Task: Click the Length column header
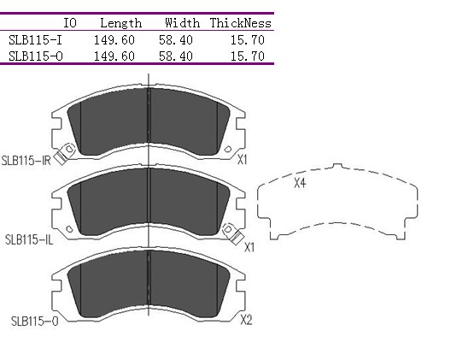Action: (x=121, y=23)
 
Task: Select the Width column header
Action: (x=182, y=23)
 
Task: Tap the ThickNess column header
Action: (x=241, y=23)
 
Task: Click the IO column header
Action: (x=70, y=23)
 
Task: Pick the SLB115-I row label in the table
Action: (x=35, y=40)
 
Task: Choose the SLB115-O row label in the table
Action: (x=36, y=56)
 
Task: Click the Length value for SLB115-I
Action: (x=114, y=40)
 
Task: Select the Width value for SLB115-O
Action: (x=176, y=56)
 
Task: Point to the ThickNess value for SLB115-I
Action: (x=248, y=40)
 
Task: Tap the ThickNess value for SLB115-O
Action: (x=248, y=56)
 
